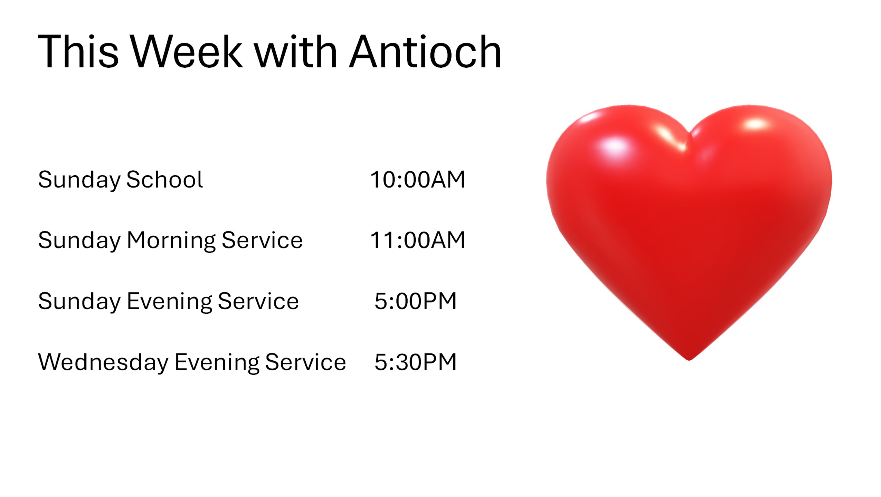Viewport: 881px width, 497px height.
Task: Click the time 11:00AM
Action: click(418, 240)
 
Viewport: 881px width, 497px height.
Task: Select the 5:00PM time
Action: click(416, 301)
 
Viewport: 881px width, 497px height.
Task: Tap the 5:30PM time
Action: click(416, 362)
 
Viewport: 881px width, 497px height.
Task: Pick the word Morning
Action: click(171, 241)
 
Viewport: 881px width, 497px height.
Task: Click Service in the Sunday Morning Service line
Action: click(262, 240)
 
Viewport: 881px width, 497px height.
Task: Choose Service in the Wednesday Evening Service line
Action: click(305, 362)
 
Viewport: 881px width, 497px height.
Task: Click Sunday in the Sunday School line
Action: click(79, 181)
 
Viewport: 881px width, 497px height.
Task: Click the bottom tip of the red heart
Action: click(689, 360)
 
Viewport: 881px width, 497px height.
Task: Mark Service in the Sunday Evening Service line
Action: click(258, 301)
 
